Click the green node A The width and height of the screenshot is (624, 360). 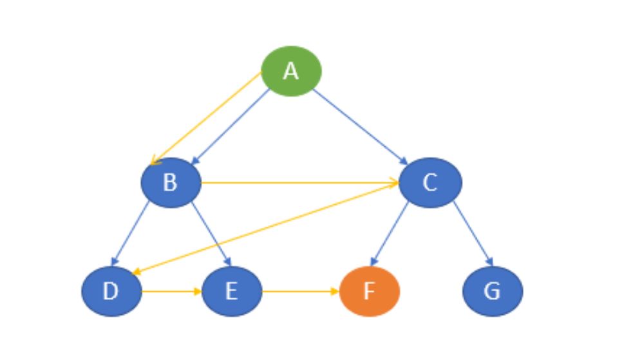coord(291,71)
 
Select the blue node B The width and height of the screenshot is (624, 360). coord(171,183)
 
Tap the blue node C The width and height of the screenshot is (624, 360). coord(430,183)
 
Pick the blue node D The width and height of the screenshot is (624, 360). coord(111,291)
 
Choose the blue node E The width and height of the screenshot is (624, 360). coord(231,291)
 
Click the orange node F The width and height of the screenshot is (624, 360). coord(370,291)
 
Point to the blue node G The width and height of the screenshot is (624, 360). coord(492,291)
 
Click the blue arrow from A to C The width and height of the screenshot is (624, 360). coord(359,126)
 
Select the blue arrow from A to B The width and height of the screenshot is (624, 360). coord(231,126)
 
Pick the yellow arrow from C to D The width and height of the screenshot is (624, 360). coord(264,228)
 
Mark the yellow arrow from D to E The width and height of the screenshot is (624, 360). coord(171,291)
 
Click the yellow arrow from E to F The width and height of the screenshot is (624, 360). coord(300,291)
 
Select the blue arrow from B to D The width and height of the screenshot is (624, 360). coord(131,232)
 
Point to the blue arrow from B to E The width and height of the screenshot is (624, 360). coord(211,232)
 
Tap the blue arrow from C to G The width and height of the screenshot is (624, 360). coord(473,232)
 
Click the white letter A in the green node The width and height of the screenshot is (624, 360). coord(291,71)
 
